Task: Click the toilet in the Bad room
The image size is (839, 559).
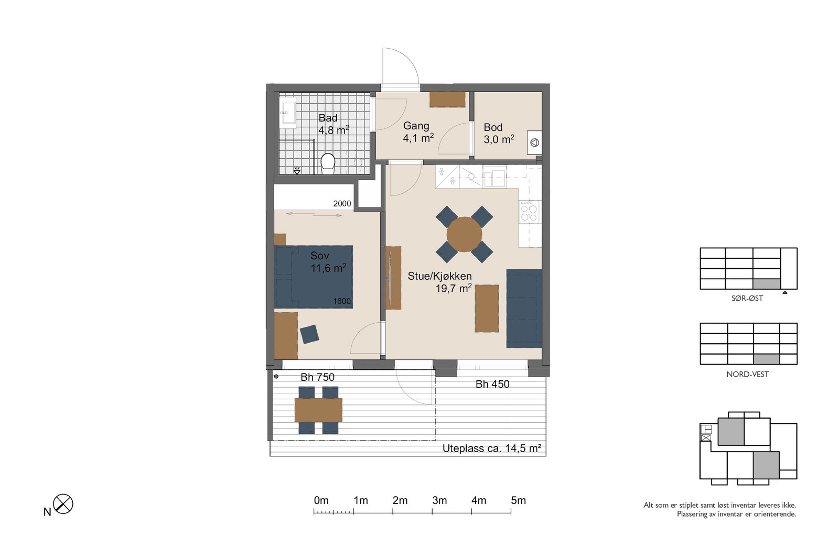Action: pos(328,163)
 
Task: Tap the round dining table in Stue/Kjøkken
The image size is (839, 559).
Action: pos(464,234)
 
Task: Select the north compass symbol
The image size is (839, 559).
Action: pos(63,503)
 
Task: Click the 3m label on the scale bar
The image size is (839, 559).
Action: pos(439,500)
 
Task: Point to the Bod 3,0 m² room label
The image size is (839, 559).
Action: pos(499,134)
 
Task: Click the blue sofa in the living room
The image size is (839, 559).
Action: pos(524,308)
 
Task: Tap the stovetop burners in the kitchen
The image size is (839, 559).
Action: pos(529,212)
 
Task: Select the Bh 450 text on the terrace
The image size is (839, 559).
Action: pos(492,384)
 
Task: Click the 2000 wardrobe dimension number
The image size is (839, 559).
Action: pos(342,204)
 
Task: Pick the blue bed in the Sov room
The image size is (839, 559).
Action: pos(313,277)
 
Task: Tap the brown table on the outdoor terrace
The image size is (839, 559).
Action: pos(318,410)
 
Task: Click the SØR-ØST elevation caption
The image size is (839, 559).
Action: pos(747,298)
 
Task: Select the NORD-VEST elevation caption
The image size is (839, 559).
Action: pos(747,374)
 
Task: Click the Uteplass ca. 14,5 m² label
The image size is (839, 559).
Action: pos(492,448)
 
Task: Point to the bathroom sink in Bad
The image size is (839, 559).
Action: pos(288,112)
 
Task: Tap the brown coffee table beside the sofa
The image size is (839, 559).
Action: pos(487,308)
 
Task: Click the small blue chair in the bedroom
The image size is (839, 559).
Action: pos(309,334)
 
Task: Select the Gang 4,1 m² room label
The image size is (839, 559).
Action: pos(418,131)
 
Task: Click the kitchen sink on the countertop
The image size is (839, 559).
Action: pos(494,178)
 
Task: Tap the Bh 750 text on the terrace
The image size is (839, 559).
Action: pos(317,377)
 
